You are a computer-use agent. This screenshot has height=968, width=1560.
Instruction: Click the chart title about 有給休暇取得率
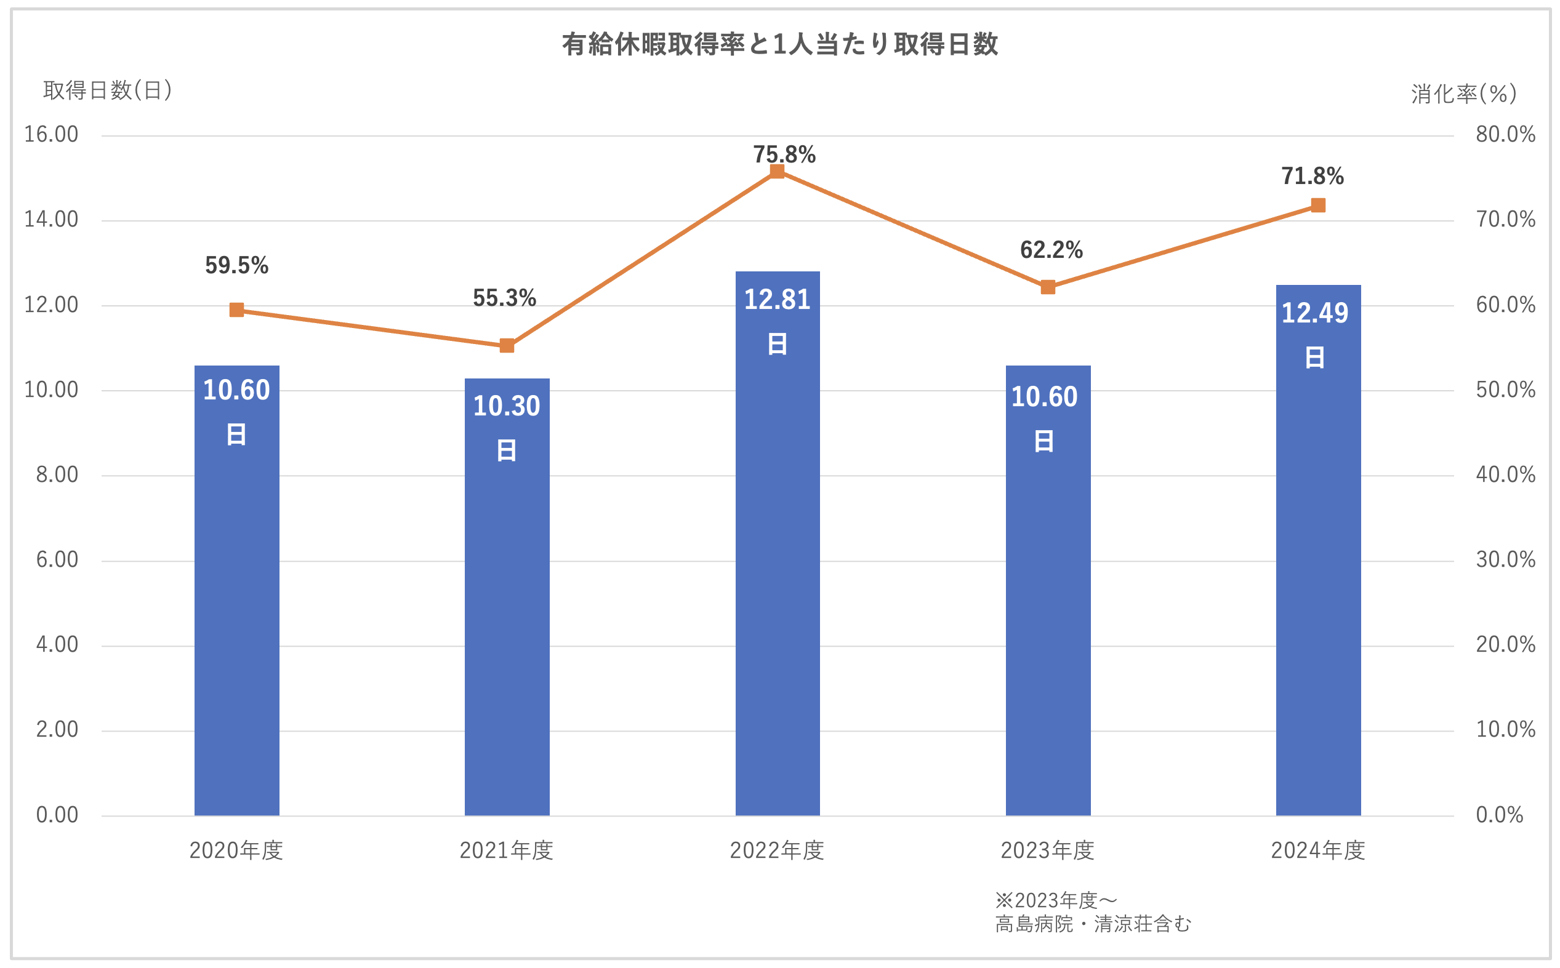pos(779,44)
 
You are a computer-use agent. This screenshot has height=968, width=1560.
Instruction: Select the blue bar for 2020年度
pos(236,608)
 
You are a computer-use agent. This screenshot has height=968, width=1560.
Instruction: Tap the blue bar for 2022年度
pos(777,576)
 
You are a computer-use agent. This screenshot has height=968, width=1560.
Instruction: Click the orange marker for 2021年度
pos(507,346)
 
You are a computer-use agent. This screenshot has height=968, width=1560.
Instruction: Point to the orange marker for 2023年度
pos(1048,287)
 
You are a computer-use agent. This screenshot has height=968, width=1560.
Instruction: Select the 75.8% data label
pos(784,154)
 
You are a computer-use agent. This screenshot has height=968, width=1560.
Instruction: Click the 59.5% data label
pos(236,265)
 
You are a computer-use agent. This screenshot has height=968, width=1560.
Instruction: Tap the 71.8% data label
pos(1312,176)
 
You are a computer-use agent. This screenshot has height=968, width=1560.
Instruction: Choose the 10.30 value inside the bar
pos(507,406)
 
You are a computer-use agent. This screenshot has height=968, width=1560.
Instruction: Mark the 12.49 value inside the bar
pos(1315,313)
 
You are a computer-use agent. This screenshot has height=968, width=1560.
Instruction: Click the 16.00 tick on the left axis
pos(51,134)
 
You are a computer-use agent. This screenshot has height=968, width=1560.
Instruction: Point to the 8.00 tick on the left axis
pos(57,475)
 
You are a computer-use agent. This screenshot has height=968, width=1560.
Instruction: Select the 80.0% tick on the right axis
pos(1505,134)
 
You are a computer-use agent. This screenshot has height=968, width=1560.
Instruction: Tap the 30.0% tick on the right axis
pos(1505,560)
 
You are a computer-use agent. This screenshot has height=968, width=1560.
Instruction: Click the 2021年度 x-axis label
pos(507,850)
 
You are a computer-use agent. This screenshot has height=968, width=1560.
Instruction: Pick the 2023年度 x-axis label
pos(1048,850)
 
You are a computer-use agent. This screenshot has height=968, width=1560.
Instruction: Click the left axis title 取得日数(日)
pos(108,90)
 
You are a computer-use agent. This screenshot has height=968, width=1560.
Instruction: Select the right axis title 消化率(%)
pos(1463,94)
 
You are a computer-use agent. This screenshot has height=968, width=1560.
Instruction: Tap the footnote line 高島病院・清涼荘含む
pos(1093,924)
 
